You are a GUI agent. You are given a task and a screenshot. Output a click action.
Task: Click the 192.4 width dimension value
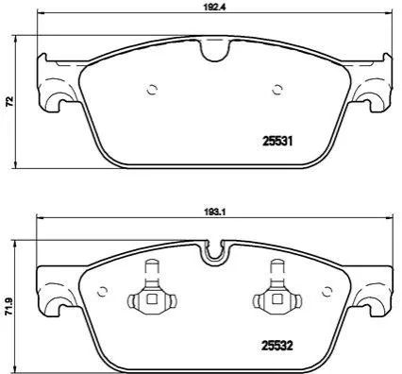pyautogui.click(x=216, y=8)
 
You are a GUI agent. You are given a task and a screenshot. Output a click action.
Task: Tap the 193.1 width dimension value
pyautogui.click(x=216, y=212)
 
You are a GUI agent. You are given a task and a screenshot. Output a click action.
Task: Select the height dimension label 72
pyautogui.click(x=10, y=101)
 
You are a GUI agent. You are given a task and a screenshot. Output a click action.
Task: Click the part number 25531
pyautogui.click(x=277, y=142)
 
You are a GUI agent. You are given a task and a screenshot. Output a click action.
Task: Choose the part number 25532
pyautogui.click(x=277, y=346)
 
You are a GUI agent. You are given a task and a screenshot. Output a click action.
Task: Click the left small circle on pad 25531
pyautogui.click(x=152, y=90)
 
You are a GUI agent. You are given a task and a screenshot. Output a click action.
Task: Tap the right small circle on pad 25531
pyautogui.click(x=277, y=90)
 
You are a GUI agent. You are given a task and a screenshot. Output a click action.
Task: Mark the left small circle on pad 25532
pyautogui.click(x=102, y=292)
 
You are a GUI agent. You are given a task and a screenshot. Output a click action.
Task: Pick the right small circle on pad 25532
pyautogui.click(x=327, y=292)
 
